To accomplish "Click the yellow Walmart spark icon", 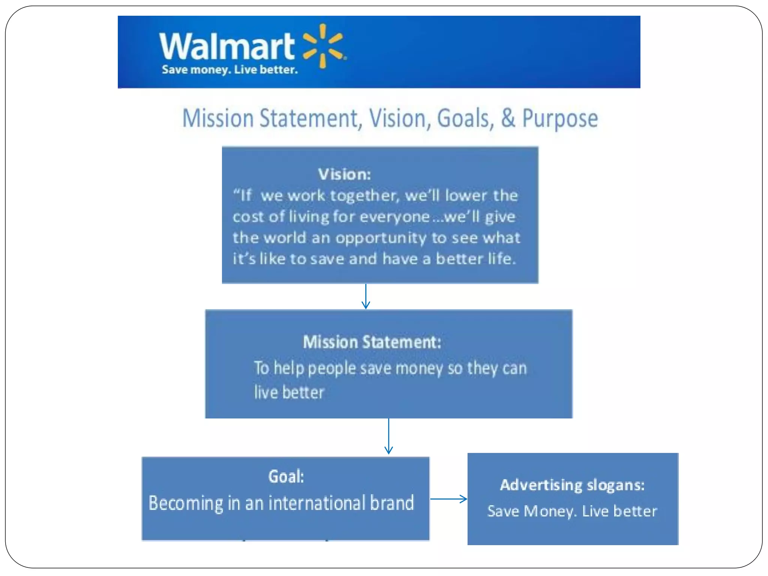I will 323,46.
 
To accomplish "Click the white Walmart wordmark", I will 227,46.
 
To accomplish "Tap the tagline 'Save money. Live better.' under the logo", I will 229,70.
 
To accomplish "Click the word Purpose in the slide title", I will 560,118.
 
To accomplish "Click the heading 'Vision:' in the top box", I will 344,174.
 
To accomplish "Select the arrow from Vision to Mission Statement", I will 366,296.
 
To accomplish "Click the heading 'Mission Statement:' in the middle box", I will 372,342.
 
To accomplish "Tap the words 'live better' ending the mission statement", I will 289,392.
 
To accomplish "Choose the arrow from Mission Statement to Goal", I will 388,436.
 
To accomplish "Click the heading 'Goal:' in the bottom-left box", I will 286,477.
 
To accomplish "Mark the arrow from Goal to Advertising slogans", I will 448,499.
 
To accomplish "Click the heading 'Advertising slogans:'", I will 572,485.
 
